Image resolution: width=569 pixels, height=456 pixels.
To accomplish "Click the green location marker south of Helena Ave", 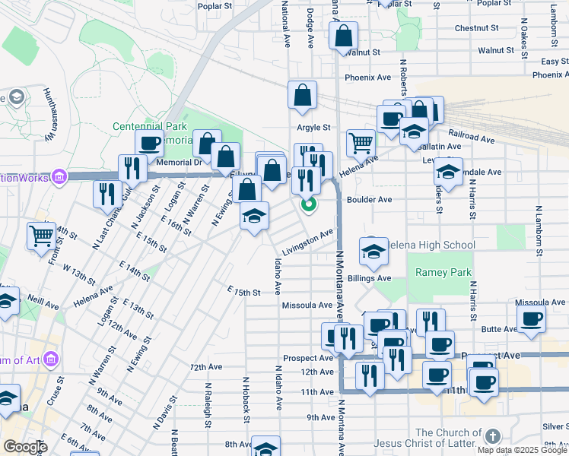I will coord(309,204).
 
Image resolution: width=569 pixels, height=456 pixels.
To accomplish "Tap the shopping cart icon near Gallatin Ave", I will coord(361,141).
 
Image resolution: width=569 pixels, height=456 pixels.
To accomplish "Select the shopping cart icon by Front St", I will coord(41,235).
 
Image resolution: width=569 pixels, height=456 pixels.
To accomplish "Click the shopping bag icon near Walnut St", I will coord(344,35).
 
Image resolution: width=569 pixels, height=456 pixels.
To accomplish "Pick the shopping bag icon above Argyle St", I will coord(302,95).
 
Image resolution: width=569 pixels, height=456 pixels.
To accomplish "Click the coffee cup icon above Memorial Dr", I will coord(149,142).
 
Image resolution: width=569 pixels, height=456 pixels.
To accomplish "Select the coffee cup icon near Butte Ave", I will coord(531,318).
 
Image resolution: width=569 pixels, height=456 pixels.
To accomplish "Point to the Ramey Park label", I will coord(443,272).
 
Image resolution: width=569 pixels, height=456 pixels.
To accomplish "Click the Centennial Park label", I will coord(149,126).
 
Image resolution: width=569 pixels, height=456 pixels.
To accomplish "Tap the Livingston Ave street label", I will coord(308,238).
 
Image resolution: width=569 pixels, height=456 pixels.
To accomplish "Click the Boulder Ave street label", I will coord(369,199).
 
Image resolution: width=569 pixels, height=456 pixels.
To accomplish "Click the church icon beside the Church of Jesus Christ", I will coord(493,436).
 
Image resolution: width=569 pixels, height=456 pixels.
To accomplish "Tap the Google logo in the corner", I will coord(24,446).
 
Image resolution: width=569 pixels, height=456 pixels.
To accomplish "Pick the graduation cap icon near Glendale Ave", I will coord(449,173).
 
